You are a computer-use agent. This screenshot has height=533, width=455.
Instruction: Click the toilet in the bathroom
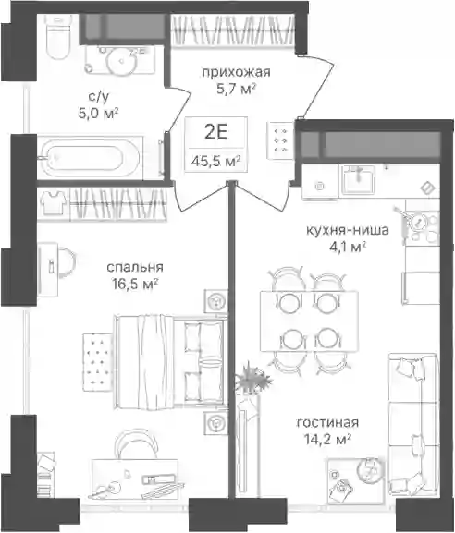tap(57, 36)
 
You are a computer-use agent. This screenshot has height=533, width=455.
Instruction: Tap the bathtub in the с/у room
tap(91, 157)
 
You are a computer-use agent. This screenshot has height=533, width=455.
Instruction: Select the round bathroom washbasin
tap(122, 61)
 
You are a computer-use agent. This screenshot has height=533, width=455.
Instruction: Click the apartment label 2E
tap(215, 132)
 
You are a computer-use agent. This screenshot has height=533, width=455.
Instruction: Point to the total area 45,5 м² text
tap(215, 161)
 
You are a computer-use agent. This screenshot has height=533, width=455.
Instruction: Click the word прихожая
tap(236, 72)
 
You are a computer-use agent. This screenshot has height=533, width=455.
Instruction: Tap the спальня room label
tap(135, 268)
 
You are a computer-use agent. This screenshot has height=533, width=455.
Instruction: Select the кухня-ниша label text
tap(348, 230)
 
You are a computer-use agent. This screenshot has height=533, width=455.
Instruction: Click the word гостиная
tap(327, 422)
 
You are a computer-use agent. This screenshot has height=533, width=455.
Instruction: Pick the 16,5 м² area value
tap(135, 284)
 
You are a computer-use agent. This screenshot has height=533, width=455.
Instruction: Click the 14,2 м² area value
tap(327, 440)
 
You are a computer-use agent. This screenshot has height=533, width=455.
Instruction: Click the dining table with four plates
tap(309, 321)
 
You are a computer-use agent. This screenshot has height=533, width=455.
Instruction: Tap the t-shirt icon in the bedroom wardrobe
tap(54, 202)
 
